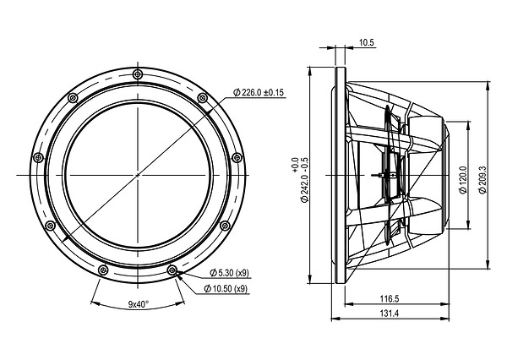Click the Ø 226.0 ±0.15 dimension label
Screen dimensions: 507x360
259,92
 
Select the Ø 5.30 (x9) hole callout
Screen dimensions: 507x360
230,273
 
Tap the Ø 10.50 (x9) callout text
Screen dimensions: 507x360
226,288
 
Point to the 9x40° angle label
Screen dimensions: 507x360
139,304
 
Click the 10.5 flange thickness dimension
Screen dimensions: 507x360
366,42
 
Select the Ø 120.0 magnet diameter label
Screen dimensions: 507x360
463,180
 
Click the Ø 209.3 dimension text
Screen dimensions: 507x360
482,180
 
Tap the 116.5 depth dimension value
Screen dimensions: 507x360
390,298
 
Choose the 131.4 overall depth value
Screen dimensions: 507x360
390,314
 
